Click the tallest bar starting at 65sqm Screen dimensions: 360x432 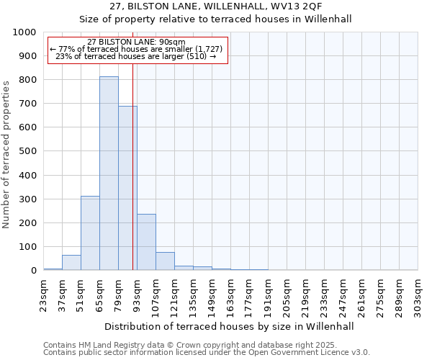tap(109, 173)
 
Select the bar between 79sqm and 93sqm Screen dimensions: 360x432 tap(127, 188)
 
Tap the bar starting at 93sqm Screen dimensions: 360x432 tap(146, 242)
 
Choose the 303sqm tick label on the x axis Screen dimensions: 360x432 tap(418, 294)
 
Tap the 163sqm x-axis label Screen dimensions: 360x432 tap(230, 294)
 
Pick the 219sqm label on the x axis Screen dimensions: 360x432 tap(305, 294)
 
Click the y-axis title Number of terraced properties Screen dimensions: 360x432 tap(6, 154)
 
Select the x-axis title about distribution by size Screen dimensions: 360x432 tap(229, 326)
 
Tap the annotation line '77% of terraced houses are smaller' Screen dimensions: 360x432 tap(137, 49)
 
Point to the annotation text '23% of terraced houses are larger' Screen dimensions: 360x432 tap(137, 56)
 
